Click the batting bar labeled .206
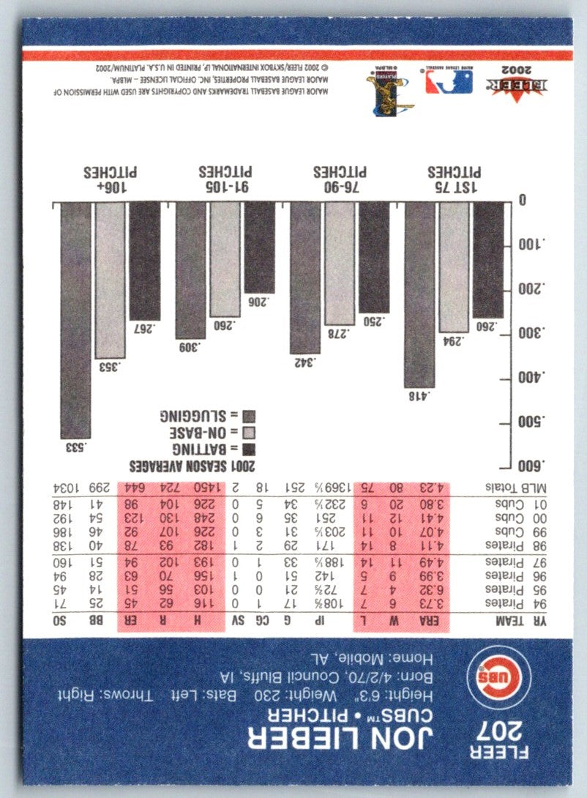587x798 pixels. (260, 247)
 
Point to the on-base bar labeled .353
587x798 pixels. (110, 280)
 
